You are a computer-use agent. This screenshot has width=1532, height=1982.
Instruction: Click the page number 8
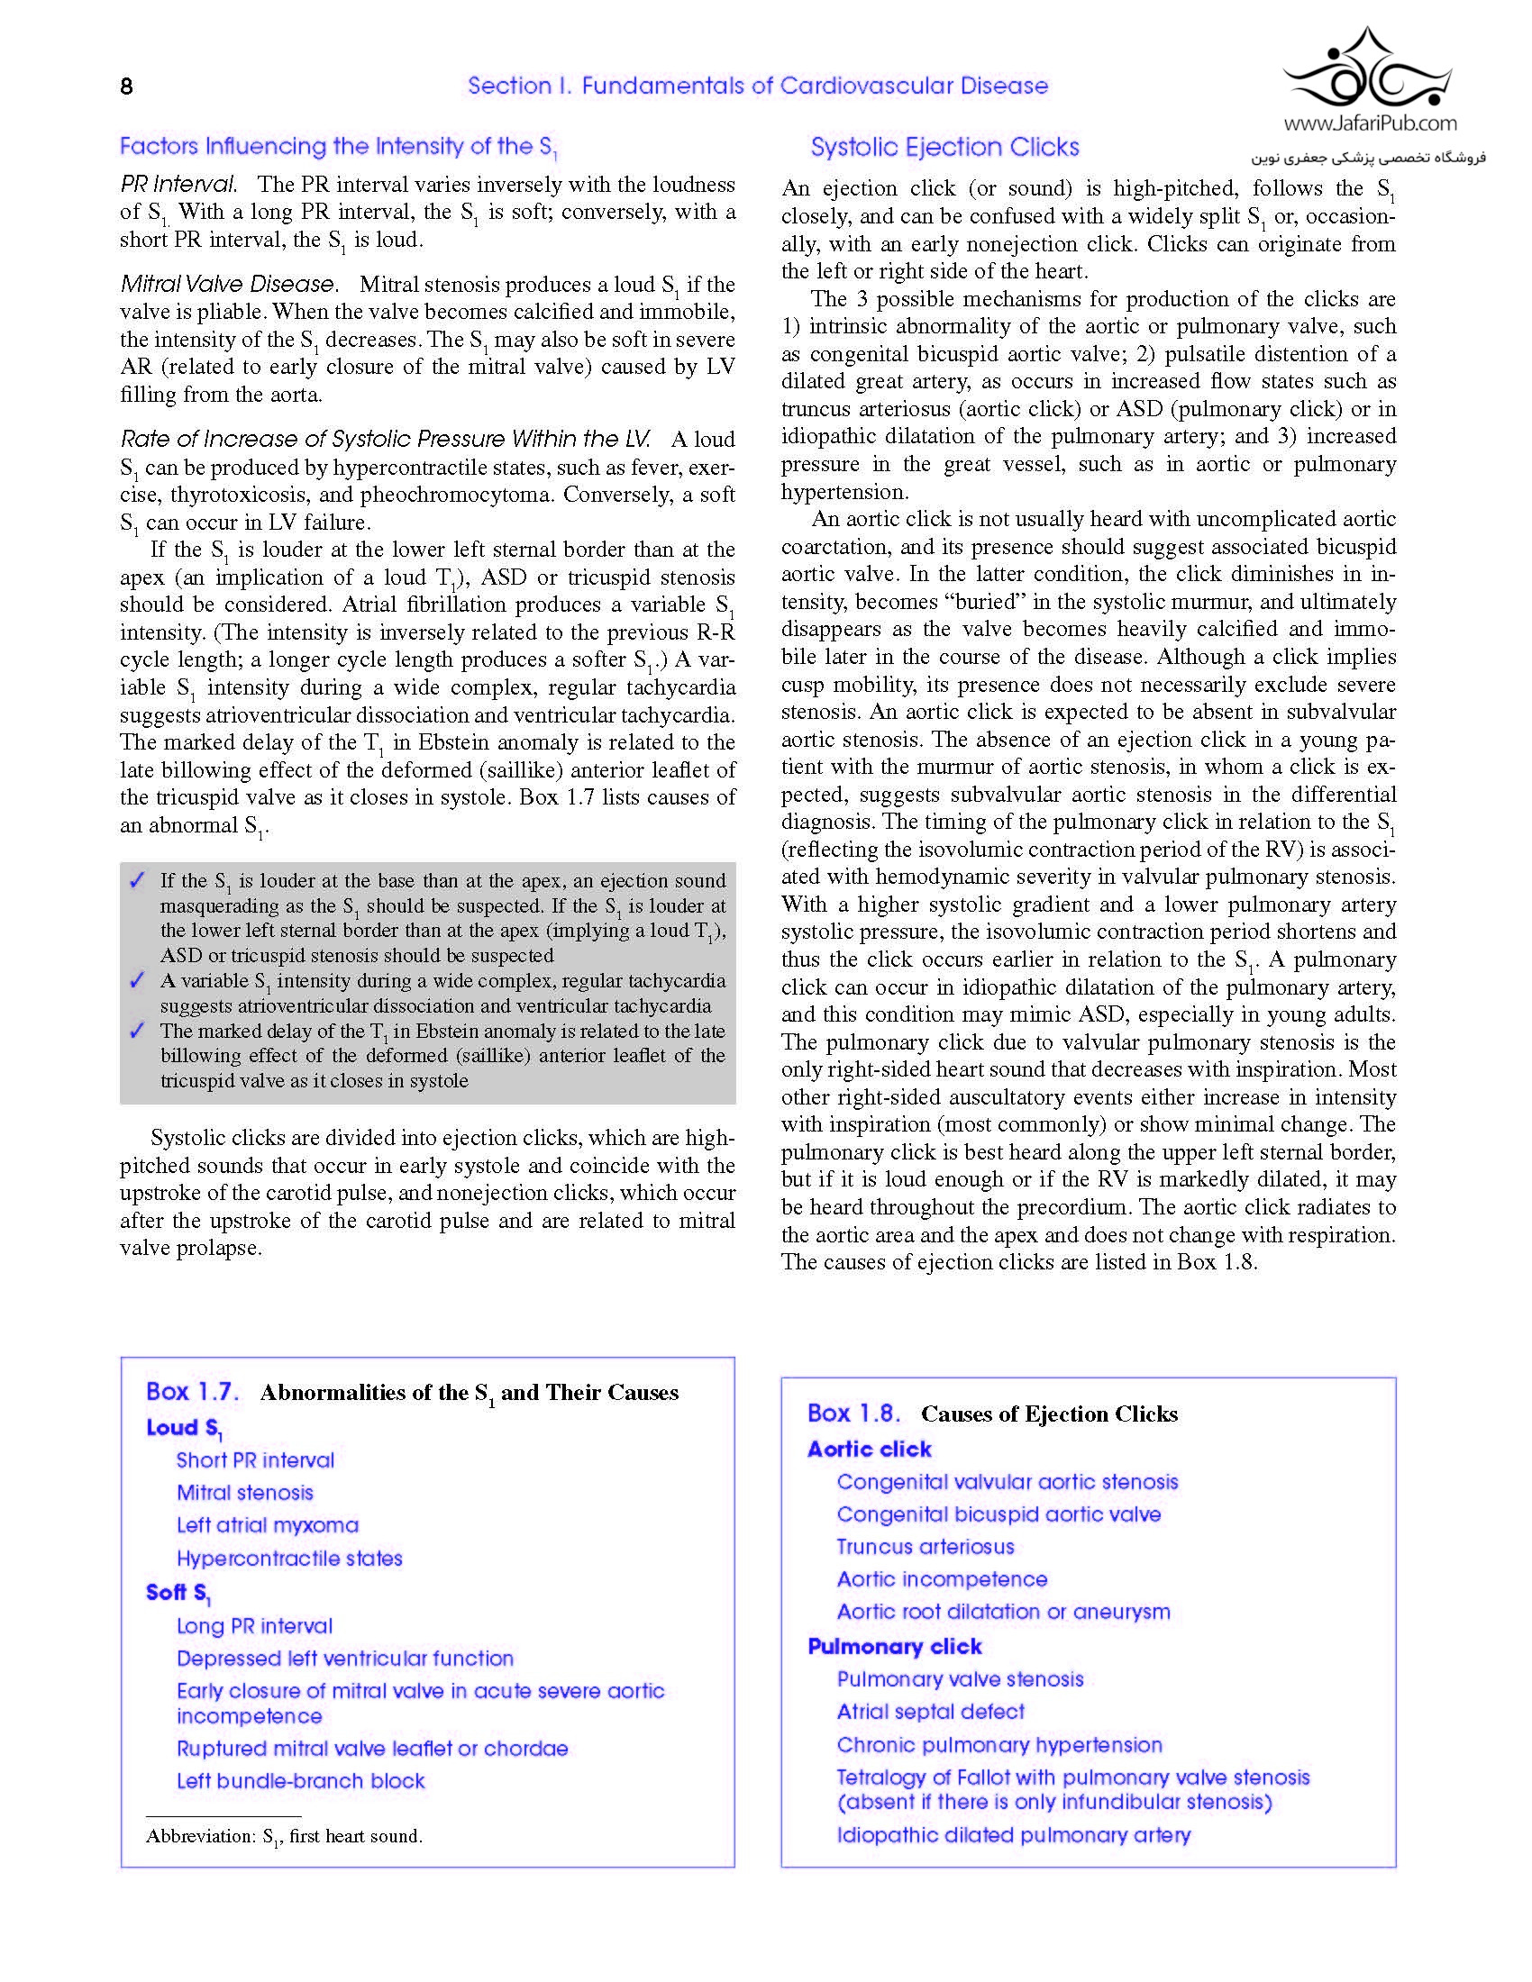(126, 86)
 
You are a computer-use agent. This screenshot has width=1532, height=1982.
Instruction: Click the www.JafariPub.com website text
(1370, 123)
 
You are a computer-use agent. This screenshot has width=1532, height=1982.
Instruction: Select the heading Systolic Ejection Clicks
(944, 147)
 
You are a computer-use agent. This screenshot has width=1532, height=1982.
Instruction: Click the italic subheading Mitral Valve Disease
(228, 284)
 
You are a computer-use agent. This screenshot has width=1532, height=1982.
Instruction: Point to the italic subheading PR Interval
(178, 184)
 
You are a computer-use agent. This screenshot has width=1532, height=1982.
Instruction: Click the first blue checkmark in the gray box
(137, 879)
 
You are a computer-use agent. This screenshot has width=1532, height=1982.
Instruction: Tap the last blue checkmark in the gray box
(137, 1030)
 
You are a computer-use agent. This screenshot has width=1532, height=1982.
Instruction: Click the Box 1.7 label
(193, 1392)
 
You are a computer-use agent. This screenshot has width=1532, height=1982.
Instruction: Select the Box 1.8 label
(853, 1413)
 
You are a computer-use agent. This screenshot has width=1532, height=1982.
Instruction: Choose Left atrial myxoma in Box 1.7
(268, 1525)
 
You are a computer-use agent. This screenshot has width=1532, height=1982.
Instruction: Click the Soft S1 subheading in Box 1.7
(178, 1593)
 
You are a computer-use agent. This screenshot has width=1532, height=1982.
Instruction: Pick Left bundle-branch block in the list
(300, 1780)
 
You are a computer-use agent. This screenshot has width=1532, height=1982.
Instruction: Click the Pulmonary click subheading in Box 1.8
(895, 1646)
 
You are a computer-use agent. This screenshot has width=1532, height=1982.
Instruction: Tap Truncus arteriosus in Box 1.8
(925, 1546)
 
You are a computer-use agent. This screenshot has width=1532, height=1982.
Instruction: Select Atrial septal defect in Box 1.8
(930, 1712)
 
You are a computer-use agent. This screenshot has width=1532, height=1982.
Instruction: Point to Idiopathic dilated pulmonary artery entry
(1013, 1835)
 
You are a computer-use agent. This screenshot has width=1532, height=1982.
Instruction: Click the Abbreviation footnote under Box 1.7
(284, 1836)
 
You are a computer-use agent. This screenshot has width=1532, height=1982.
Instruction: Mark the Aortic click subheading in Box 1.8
(870, 1450)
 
